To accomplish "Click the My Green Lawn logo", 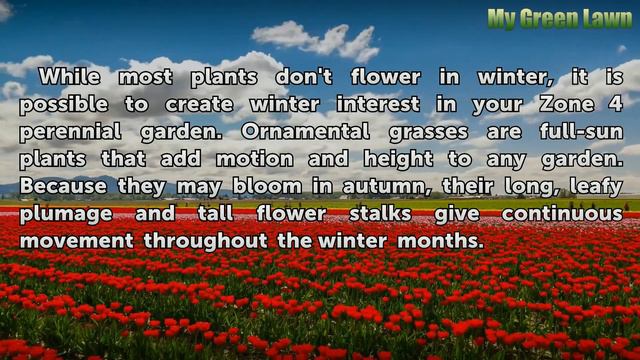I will (x=559, y=18).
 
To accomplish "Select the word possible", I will (x=62, y=105).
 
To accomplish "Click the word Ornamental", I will (x=305, y=131).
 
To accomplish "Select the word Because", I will (x=68, y=186).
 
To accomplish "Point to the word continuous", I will (x=562, y=213).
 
